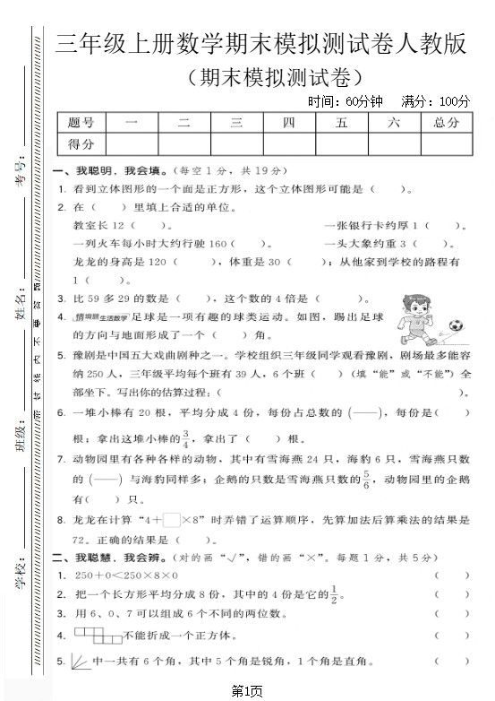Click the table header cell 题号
pyautogui.click(x=81, y=123)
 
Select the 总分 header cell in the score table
pyautogui.click(x=445, y=123)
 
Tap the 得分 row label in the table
pyautogui.click(x=81, y=143)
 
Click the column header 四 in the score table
pyautogui.click(x=288, y=123)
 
